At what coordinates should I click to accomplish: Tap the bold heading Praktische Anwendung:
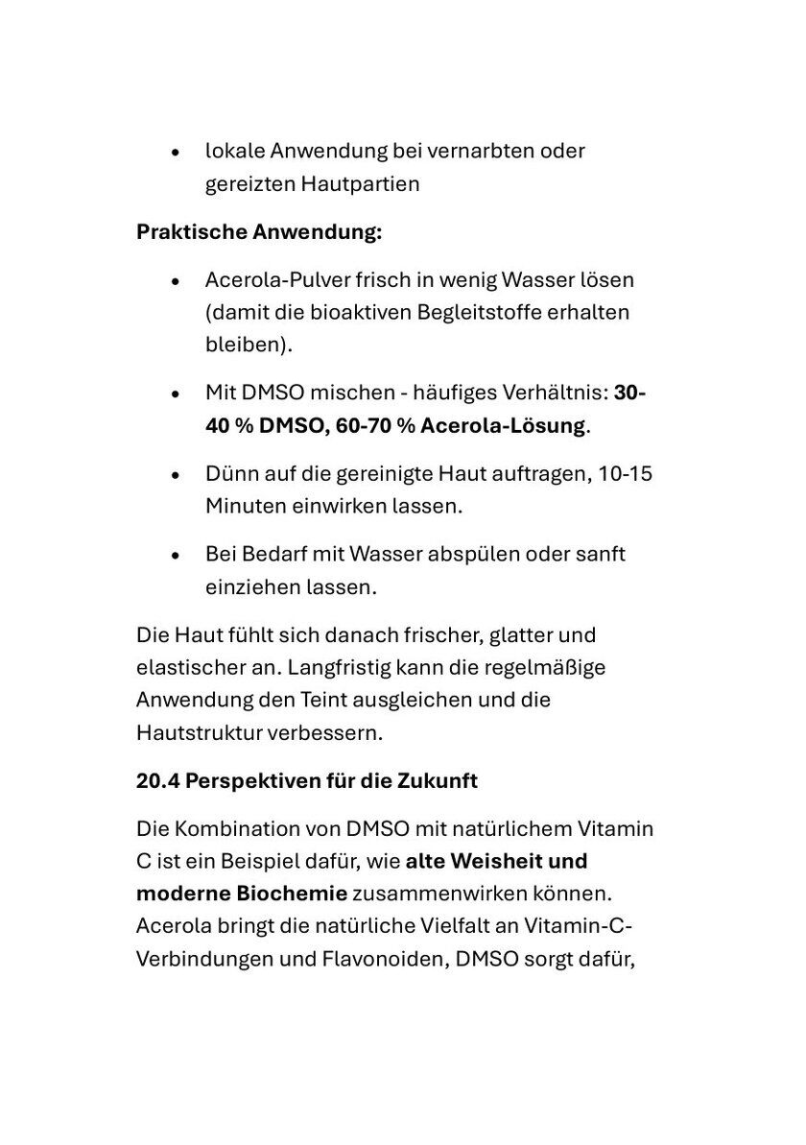[259, 232]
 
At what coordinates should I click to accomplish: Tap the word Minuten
[246, 507]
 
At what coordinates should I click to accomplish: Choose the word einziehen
[249, 587]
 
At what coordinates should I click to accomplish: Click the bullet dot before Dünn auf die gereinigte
[175, 476]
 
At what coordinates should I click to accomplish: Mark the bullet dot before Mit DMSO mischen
[175, 395]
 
